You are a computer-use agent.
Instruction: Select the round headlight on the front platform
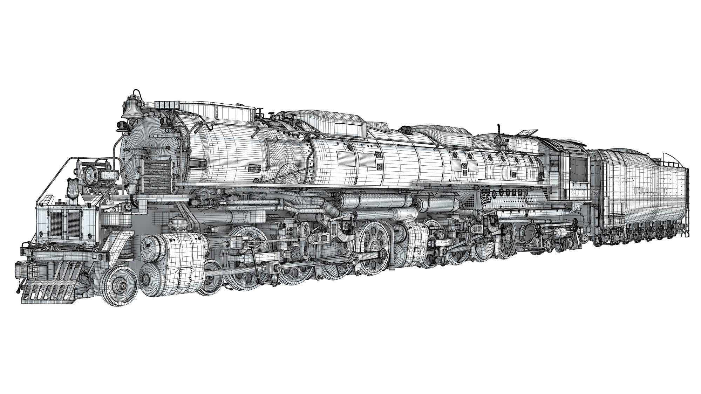pyautogui.click(x=90, y=174)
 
